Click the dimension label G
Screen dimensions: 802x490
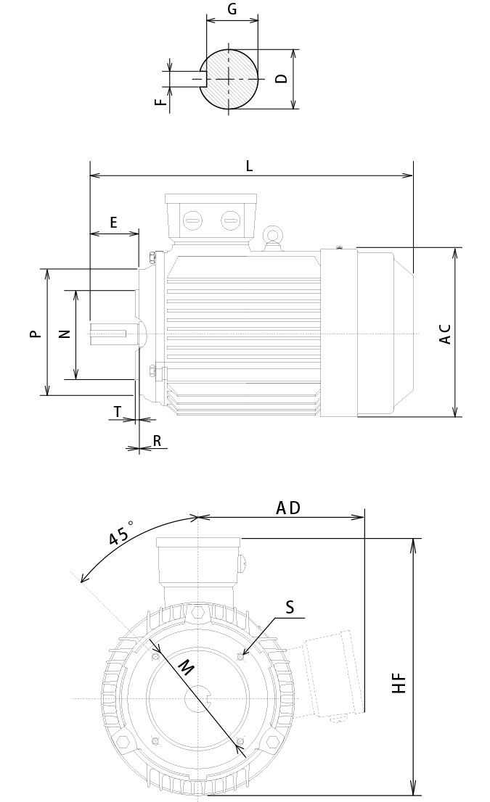[x=232, y=9]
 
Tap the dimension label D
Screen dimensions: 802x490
[x=282, y=78]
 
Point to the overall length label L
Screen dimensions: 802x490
[x=249, y=166]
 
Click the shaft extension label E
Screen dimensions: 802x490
[x=113, y=223]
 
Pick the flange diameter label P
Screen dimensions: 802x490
[x=33, y=334]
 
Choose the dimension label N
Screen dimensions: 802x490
[x=64, y=334]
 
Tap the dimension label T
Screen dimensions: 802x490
[x=118, y=412]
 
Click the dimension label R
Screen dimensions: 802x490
[x=156, y=441]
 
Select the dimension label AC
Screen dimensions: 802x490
[x=446, y=334]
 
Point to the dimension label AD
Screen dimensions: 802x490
[x=288, y=508]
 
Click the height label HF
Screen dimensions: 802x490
[x=399, y=683]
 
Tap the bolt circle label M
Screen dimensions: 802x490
[x=187, y=668]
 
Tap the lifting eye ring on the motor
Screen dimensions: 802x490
[x=273, y=235]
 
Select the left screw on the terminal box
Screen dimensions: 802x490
[x=193, y=220]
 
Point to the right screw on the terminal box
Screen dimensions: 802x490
[x=229, y=220]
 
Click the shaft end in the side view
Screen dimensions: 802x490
[x=109, y=334]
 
